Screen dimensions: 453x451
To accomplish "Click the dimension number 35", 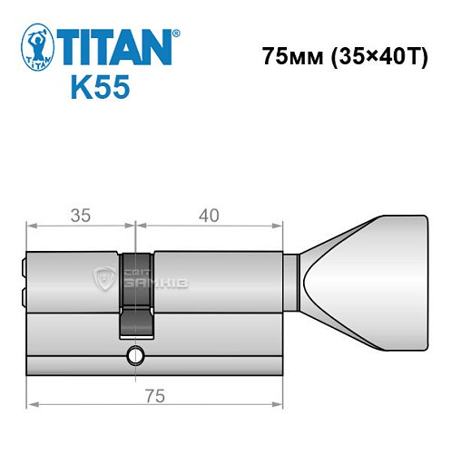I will [80, 216].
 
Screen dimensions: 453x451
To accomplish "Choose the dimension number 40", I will [210, 216].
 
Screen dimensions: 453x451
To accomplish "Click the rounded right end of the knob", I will [423, 284].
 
